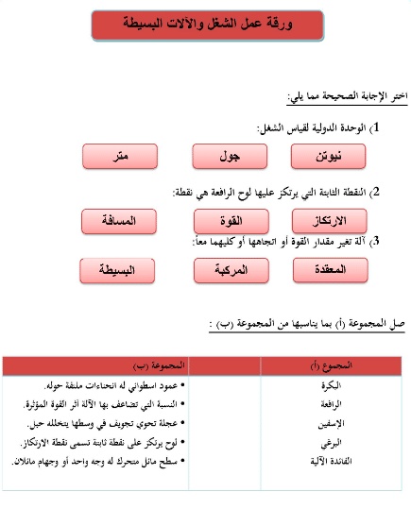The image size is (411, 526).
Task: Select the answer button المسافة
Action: click(120, 221)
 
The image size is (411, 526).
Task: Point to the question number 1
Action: click(376, 127)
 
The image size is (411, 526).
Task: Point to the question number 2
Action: click(376, 192)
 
